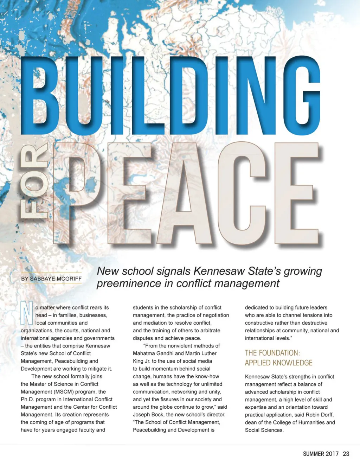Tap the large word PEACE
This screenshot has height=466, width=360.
[186, 193]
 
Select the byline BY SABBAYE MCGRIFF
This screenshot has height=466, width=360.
[51, 279]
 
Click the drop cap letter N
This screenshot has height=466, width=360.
[27, 313]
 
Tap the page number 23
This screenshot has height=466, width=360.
[346, 454]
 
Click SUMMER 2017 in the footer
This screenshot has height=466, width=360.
[321, 454]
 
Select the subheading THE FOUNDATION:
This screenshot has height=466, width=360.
[272, 353]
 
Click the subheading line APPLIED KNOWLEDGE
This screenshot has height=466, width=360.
[278, 363]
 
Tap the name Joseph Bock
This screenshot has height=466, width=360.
[148, 414]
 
